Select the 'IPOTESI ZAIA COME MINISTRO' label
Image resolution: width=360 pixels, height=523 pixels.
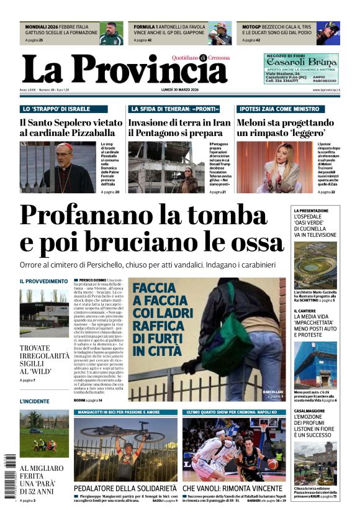[x=270, y=109]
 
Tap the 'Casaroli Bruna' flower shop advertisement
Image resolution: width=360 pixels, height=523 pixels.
[x=301, y=68]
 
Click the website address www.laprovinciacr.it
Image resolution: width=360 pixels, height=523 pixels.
[x=325, y=91]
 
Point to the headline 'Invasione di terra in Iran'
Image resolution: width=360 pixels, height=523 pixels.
[x=179, y=123]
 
